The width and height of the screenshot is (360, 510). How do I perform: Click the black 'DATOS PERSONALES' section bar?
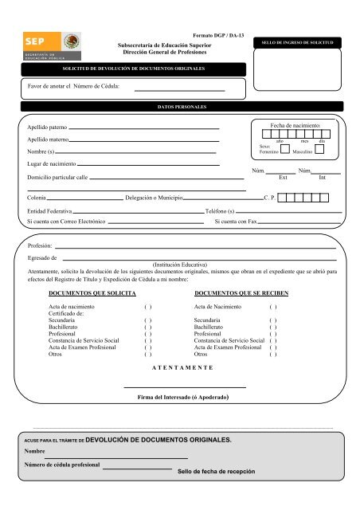coord(180,106)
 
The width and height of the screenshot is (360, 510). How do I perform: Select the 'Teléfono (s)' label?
coord(219,210)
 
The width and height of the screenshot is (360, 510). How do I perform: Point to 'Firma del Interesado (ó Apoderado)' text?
coord(184,396)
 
